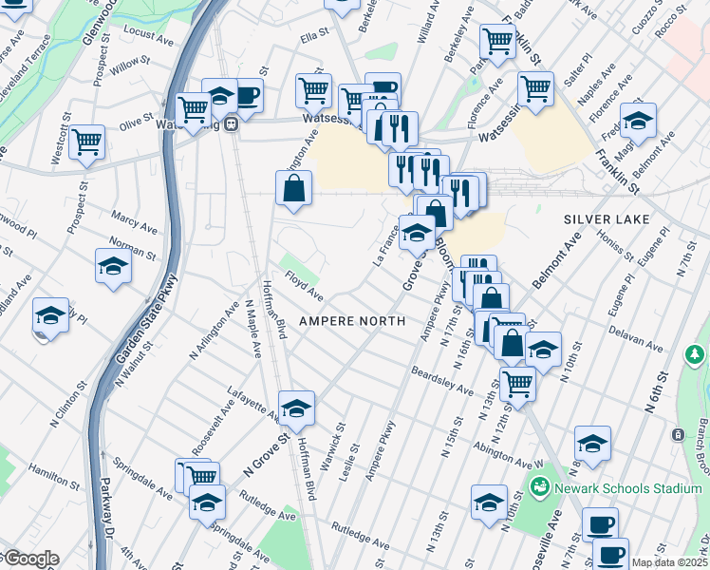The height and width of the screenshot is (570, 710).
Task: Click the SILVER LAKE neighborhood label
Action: pyautogui.click(x=607, y=219)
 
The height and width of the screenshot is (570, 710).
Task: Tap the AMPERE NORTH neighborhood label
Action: pyautogui.click(x=354, y=321)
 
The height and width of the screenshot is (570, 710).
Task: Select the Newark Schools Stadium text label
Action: pyautogui.click(x=628, y=488)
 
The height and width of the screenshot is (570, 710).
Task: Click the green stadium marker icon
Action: pyautogui.click(x=540, y=488)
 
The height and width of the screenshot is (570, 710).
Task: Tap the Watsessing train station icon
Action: pyautogui.click(x=231, y=126)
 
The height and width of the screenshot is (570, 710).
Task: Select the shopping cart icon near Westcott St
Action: pyautogui.click(x=86, y=142)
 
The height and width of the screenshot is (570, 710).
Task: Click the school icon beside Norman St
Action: pyautogui.click(x=113, y=267)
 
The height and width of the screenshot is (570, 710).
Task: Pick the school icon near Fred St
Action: pyautogui.click(x=638, y=121)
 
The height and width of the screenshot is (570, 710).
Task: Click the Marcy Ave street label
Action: pyautogui.click(x=134, y=223)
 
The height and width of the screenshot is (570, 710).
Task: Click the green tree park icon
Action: pyautogui.click(x=695, y=354)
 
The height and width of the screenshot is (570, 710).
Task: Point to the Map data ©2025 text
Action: pyautogui.click(x=669, y=562)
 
